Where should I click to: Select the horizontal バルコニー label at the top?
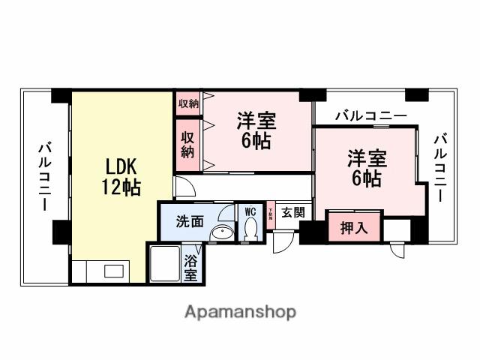click(370, 116)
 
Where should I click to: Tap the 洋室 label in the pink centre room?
click(256, 121)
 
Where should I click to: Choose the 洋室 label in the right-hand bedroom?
click(365, 159)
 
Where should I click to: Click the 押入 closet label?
click(354, 228)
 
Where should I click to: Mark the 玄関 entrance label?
click(292, 212)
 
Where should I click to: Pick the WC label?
click(250, 211)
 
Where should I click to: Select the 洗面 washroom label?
click(190, 221)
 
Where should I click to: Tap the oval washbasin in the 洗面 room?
click(220, 234)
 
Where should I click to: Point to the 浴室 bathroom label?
click(190, 268)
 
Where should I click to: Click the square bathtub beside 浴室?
click(164, 264)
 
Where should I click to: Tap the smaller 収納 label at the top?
click(188, 103)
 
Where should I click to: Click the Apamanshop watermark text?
click(240, 311)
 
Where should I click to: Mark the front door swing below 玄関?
click(283, 241)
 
